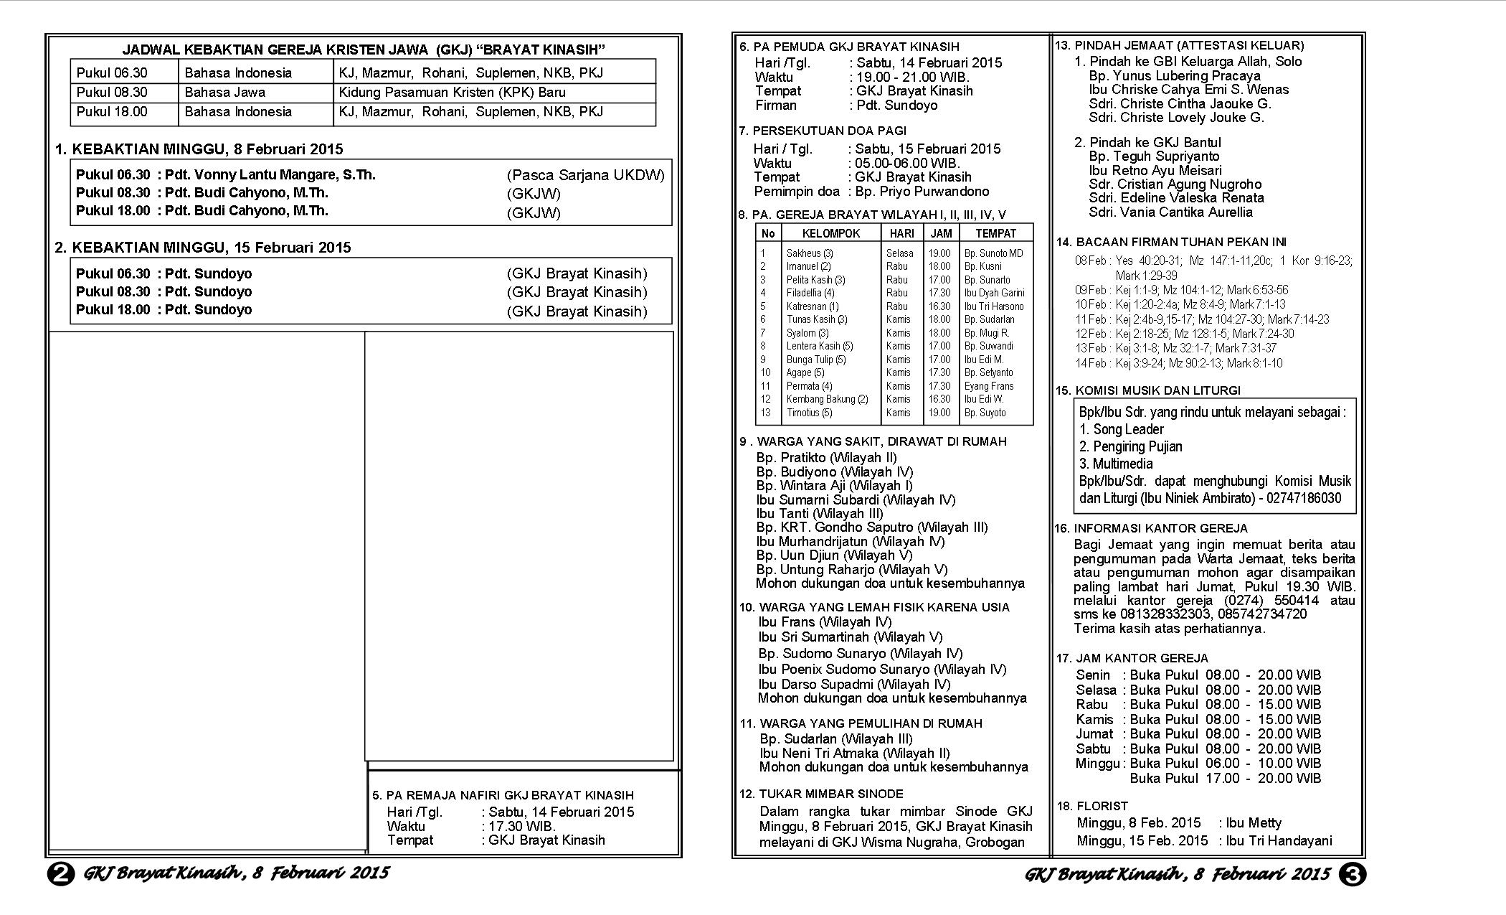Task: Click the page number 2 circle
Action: tap(61, 875)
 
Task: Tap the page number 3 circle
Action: tap(1353, 875)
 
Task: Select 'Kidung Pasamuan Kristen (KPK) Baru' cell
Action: tap(452, 93)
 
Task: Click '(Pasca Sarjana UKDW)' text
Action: tap(585, 175)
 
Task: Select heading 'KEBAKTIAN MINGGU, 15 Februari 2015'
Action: tap(212, 248)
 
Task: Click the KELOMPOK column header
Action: tap(830, 233)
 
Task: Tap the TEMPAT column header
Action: tap(995, 233)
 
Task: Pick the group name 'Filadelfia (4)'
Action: tap(810, 293)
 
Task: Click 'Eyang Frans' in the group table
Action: tap(989, 386)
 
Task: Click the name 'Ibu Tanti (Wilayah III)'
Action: tap(820, 514)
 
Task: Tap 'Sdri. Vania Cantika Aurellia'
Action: tap(1170, 212)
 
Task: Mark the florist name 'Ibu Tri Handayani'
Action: tap(1279, 841)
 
